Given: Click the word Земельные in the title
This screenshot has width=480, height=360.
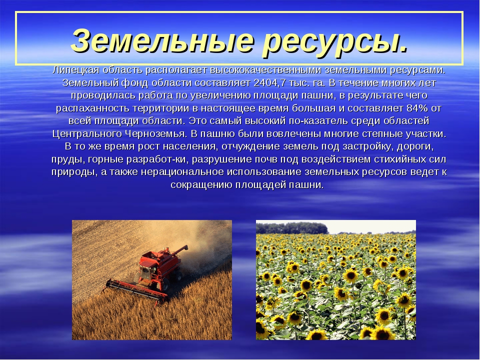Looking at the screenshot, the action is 162,40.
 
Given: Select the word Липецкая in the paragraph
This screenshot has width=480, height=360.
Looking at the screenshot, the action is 76,70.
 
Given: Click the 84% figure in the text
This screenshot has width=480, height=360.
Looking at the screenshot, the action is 417,108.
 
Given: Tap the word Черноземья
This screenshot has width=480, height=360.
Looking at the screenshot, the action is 156,134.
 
